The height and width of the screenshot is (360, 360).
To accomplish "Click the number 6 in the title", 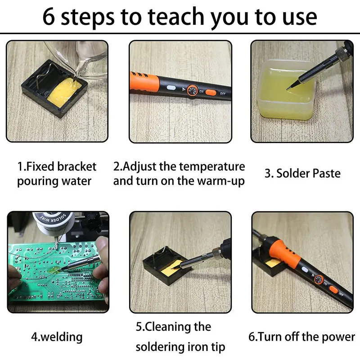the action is click(49, 17).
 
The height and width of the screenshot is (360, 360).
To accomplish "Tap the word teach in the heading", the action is click(175, 16).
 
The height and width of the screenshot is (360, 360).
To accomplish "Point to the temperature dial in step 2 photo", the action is click(192, 91).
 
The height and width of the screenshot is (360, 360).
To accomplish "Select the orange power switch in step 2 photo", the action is click(211, 93).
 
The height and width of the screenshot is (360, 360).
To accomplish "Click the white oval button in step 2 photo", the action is click(171, 88).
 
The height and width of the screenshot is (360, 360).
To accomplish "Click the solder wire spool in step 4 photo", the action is click(53, 223).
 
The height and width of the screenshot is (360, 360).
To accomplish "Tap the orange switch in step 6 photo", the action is click(333, 289).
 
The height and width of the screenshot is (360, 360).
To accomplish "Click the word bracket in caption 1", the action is click(76, 166).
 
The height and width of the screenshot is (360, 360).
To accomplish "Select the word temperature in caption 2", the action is click(207, 167).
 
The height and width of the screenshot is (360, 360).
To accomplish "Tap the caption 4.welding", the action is click(57, 337).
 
